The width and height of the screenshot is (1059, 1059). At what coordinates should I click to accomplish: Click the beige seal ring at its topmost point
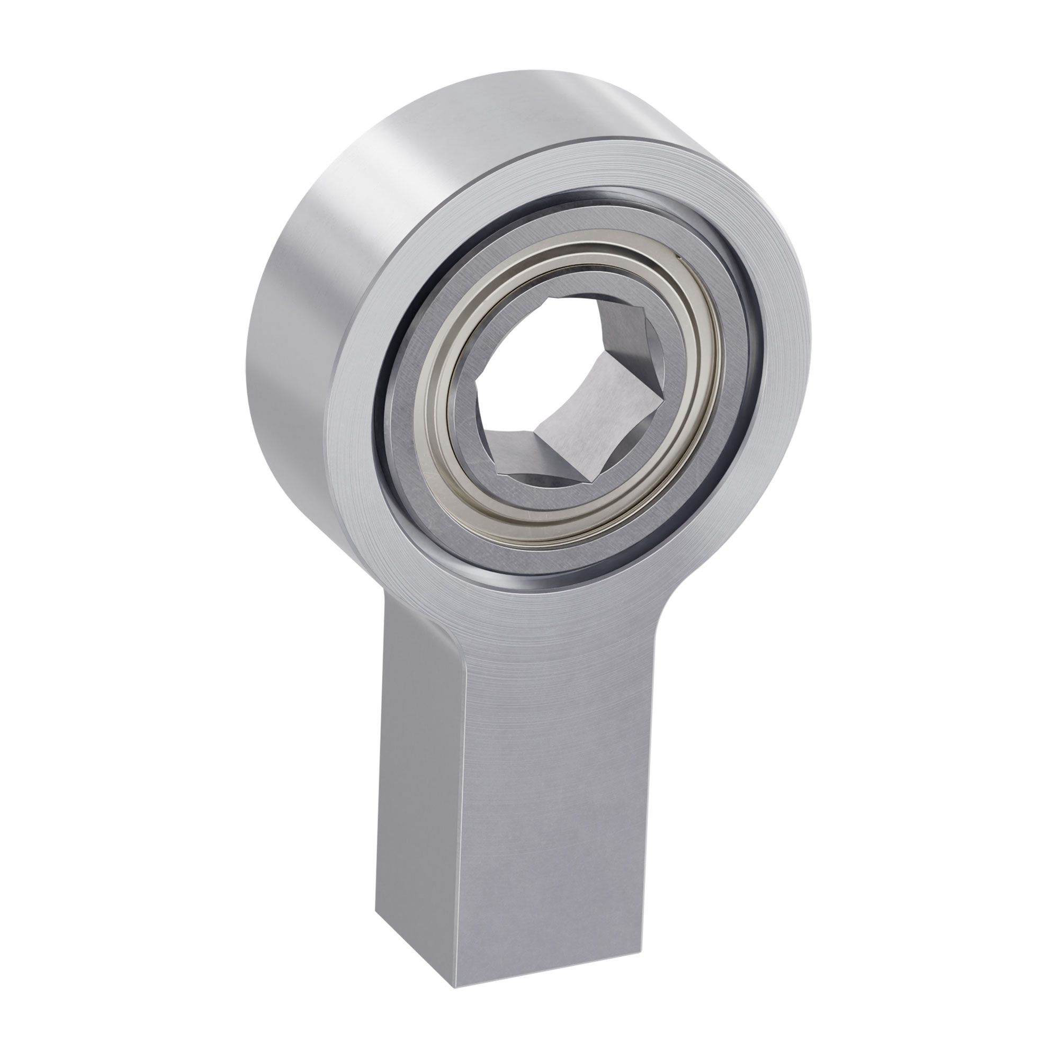coord(570,249)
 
